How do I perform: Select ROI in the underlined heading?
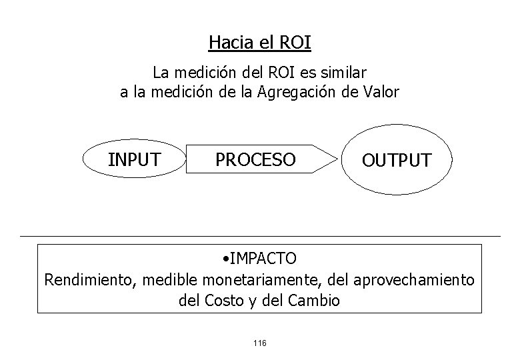(x=295, y=43)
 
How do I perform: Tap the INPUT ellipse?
(x=134, y=159)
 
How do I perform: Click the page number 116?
(x=260, y=343)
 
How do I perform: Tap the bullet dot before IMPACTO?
(x=227, y=258)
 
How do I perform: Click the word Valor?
(x=379, y=92)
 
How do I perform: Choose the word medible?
(x=166, y=279)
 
